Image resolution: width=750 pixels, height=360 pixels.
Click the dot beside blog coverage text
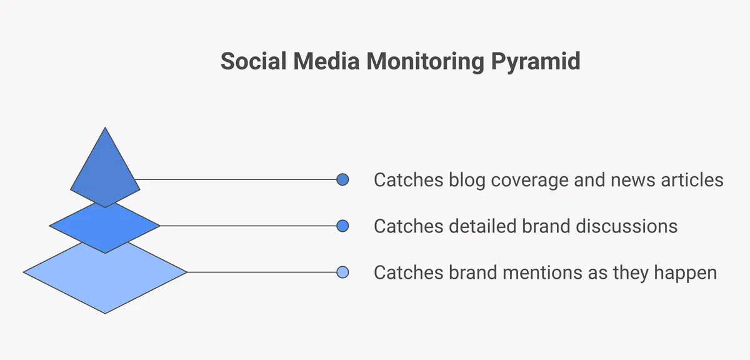342,180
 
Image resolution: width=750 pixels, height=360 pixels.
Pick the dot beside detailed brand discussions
342,226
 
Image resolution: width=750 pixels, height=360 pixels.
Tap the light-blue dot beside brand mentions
342,272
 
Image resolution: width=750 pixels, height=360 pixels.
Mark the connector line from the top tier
237,180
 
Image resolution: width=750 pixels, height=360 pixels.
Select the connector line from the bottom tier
262,272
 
